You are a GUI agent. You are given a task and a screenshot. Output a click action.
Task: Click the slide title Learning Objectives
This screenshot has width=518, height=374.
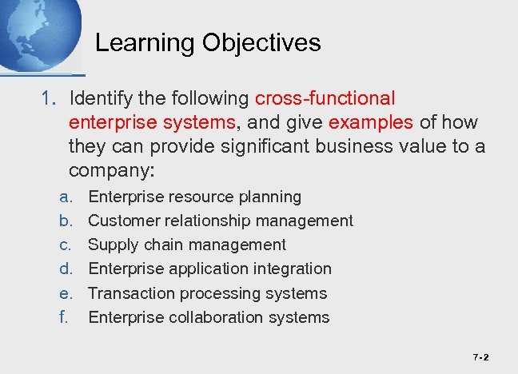coord(208,42)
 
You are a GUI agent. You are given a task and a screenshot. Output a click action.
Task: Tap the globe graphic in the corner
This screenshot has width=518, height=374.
coord(36,32)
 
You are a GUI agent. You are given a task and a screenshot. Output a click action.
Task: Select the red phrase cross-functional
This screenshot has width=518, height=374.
coord(325,98)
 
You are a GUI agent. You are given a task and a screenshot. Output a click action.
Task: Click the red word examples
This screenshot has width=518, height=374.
coord(370,122)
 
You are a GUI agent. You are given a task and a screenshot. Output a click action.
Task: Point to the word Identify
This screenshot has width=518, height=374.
coord(104,98)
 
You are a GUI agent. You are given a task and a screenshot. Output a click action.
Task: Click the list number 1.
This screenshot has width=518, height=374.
coord(49,98)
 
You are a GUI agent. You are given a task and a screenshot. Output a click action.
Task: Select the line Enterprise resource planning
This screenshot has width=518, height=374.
coord(194,197)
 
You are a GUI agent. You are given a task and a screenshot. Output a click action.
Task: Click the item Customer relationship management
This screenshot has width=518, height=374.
coord(220,221)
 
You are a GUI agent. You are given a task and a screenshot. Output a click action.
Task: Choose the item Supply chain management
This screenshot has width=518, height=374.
coord(186,245)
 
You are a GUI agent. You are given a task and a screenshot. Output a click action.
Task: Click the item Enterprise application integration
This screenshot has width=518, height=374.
coord(209,269)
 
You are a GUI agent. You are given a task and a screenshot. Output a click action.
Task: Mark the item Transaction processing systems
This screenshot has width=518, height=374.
coord(207,293)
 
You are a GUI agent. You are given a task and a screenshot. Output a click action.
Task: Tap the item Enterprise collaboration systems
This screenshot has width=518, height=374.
coord(208,317)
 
